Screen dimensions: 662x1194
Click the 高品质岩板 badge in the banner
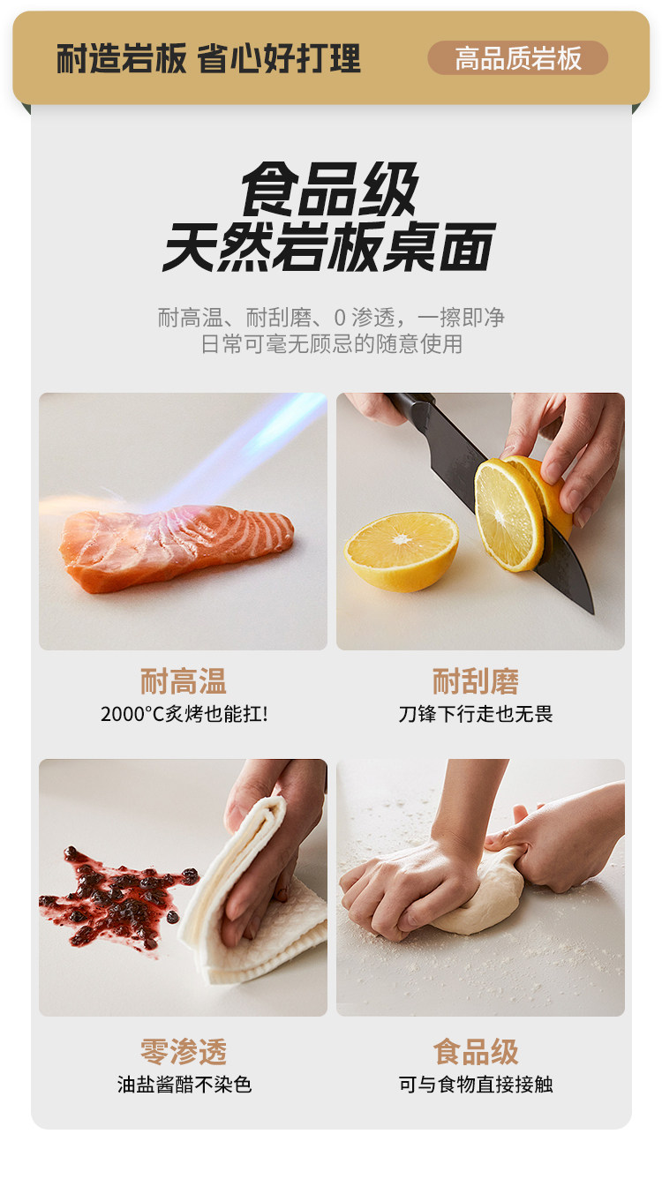[517, 57]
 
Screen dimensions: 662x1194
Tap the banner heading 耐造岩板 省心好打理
[208, 58]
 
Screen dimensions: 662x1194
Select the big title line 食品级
[330, 189]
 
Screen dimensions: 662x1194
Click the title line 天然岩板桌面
[330, 247]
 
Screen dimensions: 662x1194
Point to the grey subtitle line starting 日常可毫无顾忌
[331, 344]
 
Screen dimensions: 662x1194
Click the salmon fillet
[177, 548]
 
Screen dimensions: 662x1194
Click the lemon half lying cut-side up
[402, 552]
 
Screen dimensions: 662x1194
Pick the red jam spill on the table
[118, 896]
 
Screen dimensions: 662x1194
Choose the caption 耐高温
[183, 681]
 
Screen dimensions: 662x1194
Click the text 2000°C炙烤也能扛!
[184, 714]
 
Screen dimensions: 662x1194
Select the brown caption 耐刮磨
[475, 681]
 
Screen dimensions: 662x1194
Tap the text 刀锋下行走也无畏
[476, 714]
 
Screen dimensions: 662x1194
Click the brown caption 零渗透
[184, 1052]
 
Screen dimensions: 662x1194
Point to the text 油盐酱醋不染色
[184, 1085]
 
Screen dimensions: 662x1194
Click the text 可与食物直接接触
[476, 1085]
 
